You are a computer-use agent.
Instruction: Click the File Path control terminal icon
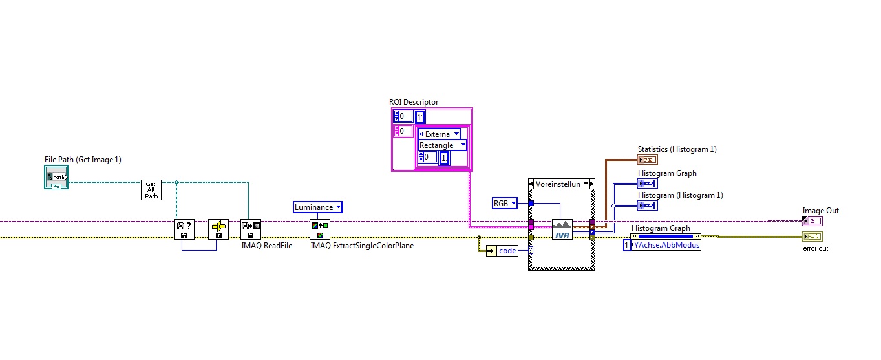(x=56, y=176)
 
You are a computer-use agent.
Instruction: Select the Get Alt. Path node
(x=151, y=190)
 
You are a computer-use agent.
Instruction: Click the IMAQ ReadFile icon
(x=250, y=229)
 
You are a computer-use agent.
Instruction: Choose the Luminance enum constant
(x=317, y=207)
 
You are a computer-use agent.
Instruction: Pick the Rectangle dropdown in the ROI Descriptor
(x=442, y=145)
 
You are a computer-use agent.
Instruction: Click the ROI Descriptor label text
(x=413, y=102)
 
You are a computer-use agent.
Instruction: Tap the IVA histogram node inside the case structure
(x=562, y=229)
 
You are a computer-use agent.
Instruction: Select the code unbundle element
(x=507, y=251)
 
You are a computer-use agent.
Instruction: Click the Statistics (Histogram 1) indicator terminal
(x=647, y=160)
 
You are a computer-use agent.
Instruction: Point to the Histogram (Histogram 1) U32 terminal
(x=647, y=205)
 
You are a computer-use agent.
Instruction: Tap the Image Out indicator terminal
(x=812, y=221)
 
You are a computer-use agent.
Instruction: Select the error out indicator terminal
(x=812, y=237)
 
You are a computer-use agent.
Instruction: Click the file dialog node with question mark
(x=184, y=229)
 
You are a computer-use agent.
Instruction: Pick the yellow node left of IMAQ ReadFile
(x=218, y=229)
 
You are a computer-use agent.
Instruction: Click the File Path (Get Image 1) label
(x=83, y=160)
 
